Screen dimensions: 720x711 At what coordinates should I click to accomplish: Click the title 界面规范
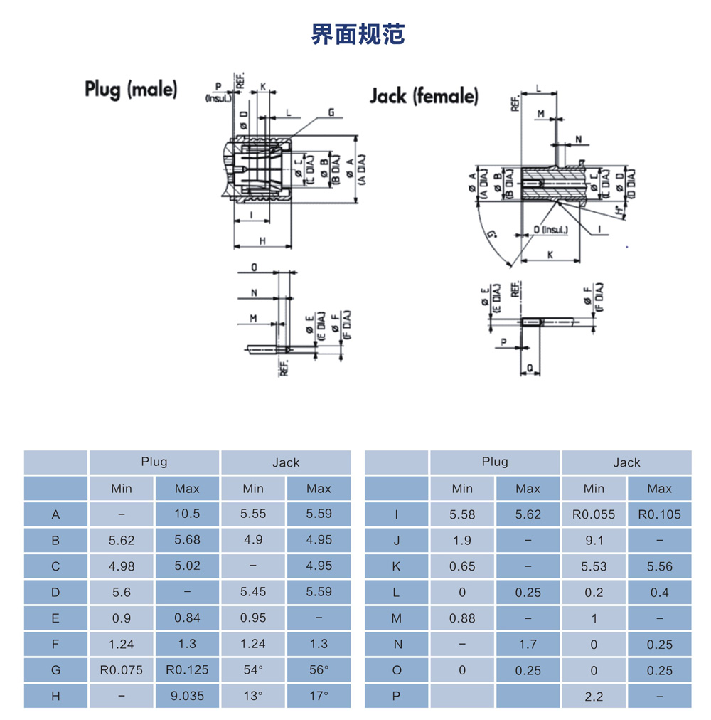[x=358, y=34]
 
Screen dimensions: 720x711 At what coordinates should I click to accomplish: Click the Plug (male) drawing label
[x=131, y=89]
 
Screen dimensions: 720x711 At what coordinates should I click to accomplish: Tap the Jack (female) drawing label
[x=424, y=96]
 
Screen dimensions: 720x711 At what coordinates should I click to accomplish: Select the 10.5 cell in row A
[x=187, y=514]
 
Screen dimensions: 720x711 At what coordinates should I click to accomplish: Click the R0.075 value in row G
[x=122, y=669]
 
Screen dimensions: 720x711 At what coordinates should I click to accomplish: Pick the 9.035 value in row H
[x=187, y=696]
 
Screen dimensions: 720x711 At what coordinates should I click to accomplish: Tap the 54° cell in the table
[x=253, y=669]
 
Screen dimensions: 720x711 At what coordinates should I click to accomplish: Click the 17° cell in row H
[x=319, y=696]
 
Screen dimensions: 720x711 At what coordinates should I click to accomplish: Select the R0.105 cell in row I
[x=659, y=514]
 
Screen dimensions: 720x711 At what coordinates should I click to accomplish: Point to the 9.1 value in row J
[x=594, y=540]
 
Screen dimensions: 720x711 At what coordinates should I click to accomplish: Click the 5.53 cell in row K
[x=594, y=566]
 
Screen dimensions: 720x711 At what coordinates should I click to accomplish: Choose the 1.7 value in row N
[x=528, y=645]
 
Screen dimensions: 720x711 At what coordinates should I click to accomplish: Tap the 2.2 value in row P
[x=594, y=697]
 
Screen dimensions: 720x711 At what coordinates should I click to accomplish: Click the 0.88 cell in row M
[x=462, y=618]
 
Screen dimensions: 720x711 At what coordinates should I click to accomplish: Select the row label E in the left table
[x=55, y=618]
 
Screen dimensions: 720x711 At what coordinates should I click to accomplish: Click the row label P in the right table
[x=397, y=697]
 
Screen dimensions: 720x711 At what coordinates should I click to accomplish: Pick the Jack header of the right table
[x=626, y=462]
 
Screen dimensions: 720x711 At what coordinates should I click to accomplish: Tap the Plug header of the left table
[x=154, y=462]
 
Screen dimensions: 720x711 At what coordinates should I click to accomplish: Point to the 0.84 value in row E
[x=187, y=618]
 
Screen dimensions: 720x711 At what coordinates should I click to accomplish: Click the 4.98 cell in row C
[x=122, y=566]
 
